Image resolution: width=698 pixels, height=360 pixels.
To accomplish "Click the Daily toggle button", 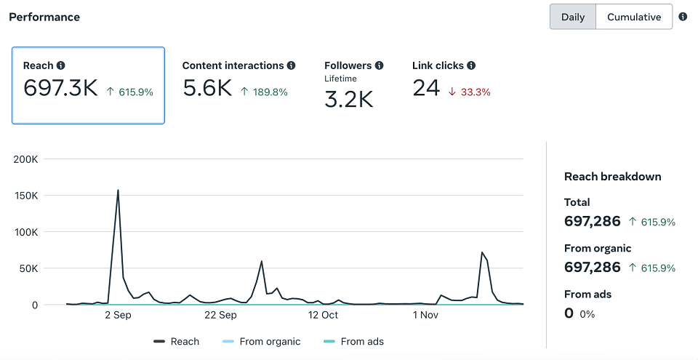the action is pyautogui.click(x=573, y=17).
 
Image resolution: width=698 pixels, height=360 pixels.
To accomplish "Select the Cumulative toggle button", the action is pyautogui.click(x=634, y=17).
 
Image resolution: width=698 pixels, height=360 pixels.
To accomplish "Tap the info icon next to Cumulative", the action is pyautogui.click(x=683, y=17).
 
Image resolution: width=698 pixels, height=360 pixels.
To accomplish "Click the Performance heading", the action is pyautogui.click(x=44, y=17).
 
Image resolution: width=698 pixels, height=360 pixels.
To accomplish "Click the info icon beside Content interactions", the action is pyautogui.click(x=291, y=65).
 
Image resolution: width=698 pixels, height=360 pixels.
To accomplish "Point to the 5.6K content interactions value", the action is pyautogui.click(x=207, y=88).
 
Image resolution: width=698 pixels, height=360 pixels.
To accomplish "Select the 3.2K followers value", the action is pyautogui.click(x=348, y=100).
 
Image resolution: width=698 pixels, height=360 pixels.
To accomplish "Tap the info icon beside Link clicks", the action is pyautogui.click(x=471, y=65).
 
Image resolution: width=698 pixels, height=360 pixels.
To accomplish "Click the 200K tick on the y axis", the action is pyautogui.click(x=26, y=159).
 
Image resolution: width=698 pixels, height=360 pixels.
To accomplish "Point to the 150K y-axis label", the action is pyautogui.click(x=26, y=196).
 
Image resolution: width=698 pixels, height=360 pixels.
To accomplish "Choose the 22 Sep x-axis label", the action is pyautogui.click(x=220, y=315).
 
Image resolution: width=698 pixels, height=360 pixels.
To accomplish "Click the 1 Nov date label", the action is pyautogui.click(x=425, y=315).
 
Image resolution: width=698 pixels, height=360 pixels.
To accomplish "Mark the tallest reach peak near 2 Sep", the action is pyautogui.click(x=118, y=191).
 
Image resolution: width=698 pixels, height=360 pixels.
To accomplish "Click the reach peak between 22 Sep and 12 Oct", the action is pyautogui.click(x=261, y=261).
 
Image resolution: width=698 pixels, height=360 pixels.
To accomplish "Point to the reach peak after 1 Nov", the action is pyautogui.click(x=482, y=252).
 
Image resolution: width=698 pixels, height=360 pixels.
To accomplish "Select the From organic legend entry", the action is pyautogui.click(x=261, y=342).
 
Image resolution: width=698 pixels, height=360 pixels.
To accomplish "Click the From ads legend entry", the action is pyautogui.click(x=353, y=342).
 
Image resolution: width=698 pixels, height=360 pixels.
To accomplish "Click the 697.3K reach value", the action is pyautogui.click(x=60, y=88).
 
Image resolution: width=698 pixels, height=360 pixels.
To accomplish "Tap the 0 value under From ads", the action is pyautogui.click(x=569, y=313).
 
